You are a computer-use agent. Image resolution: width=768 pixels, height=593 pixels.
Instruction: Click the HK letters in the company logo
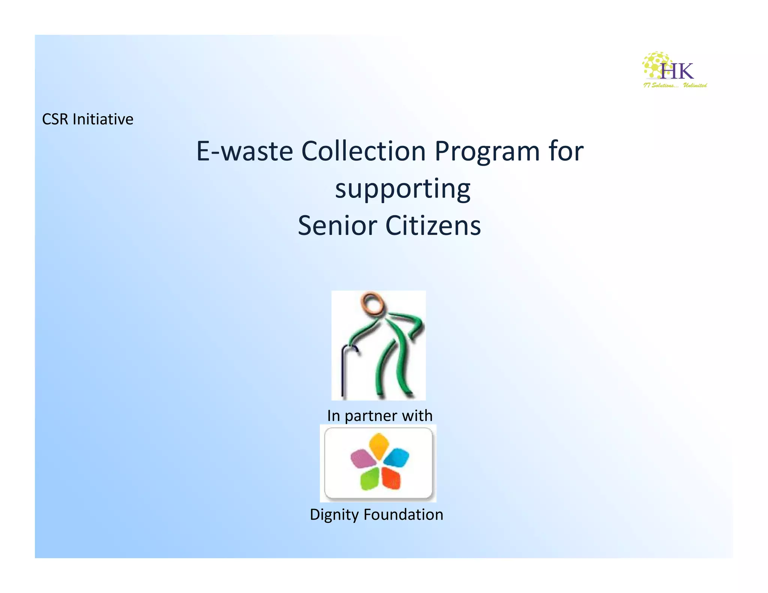coord(677,71)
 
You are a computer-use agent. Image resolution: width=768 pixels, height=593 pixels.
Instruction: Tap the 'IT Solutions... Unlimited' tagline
coord(675,85)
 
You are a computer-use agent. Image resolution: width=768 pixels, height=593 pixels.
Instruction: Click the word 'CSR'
coord(55,119)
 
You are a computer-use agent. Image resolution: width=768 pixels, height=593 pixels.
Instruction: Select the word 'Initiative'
coord(103,119)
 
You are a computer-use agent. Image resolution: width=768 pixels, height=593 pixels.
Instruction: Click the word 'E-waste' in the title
coord(244,151)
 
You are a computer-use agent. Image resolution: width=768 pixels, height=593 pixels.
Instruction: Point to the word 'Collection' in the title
coord(363,151)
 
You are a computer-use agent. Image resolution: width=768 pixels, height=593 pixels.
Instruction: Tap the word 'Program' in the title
coord(487,152)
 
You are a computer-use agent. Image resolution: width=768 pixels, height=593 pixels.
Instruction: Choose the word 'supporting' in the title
coord(402,189)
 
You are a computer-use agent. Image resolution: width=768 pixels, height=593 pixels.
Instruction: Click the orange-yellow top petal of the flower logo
coord(379,445)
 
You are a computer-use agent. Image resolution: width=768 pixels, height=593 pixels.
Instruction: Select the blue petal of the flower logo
coord(396,457)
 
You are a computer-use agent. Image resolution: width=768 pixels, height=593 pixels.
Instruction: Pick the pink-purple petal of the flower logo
coord(361,458)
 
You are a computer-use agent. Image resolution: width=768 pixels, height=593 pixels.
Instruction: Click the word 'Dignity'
coord(334,515)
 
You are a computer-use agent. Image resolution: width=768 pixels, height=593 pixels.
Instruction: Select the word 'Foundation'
coord(403,515)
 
